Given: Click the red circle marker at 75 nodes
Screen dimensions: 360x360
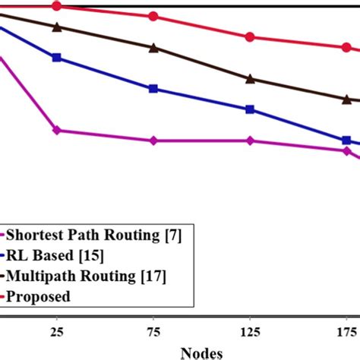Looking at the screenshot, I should (153, 16).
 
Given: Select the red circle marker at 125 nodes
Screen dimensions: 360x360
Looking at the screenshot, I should (250, 36).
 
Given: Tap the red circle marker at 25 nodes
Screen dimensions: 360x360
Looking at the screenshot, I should (57, 6).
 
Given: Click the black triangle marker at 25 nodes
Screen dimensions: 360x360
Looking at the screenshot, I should (57, 27).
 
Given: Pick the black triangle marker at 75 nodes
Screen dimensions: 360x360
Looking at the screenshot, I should (153, 48).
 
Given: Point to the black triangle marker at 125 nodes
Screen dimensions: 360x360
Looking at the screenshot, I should (250, 78).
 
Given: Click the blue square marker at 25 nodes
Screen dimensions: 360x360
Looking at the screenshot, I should (57, 57).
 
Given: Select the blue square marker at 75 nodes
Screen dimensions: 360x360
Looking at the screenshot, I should (153, 89).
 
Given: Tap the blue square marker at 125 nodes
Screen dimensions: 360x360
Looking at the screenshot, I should (250, 109).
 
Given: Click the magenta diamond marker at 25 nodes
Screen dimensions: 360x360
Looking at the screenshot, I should (57, 131).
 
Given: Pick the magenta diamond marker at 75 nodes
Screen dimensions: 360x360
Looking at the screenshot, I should (153, 141).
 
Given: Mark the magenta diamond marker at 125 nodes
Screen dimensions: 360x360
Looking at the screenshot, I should (250, 141).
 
